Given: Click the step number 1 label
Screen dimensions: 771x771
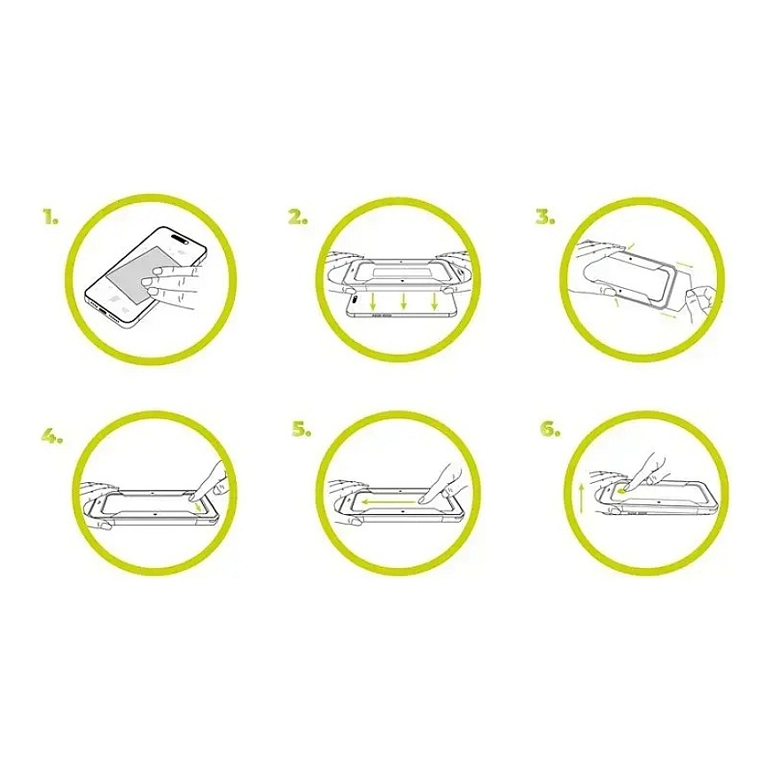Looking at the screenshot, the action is [x=51, y=216].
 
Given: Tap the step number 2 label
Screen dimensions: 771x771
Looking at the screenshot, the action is [x=298, y=216].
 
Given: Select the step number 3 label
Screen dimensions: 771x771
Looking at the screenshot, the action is [x=546, y=216].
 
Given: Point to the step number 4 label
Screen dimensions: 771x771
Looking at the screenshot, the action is [x=51, y=436].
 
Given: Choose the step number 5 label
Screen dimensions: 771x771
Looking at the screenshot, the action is [x=301, y=430].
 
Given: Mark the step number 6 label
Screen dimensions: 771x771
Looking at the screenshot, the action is [x=550, y=430].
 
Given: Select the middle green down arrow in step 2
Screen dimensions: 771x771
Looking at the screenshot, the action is [x=403, y=301].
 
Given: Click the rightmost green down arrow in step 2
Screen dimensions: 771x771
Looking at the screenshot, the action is [x=434, y=301].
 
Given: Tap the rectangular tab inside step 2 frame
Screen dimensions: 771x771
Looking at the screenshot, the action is [x=402, y=272].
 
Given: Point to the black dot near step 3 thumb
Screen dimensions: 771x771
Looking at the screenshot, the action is [x=621, y=291].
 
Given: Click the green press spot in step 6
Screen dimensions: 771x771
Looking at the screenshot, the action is [x=623, y=489].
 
